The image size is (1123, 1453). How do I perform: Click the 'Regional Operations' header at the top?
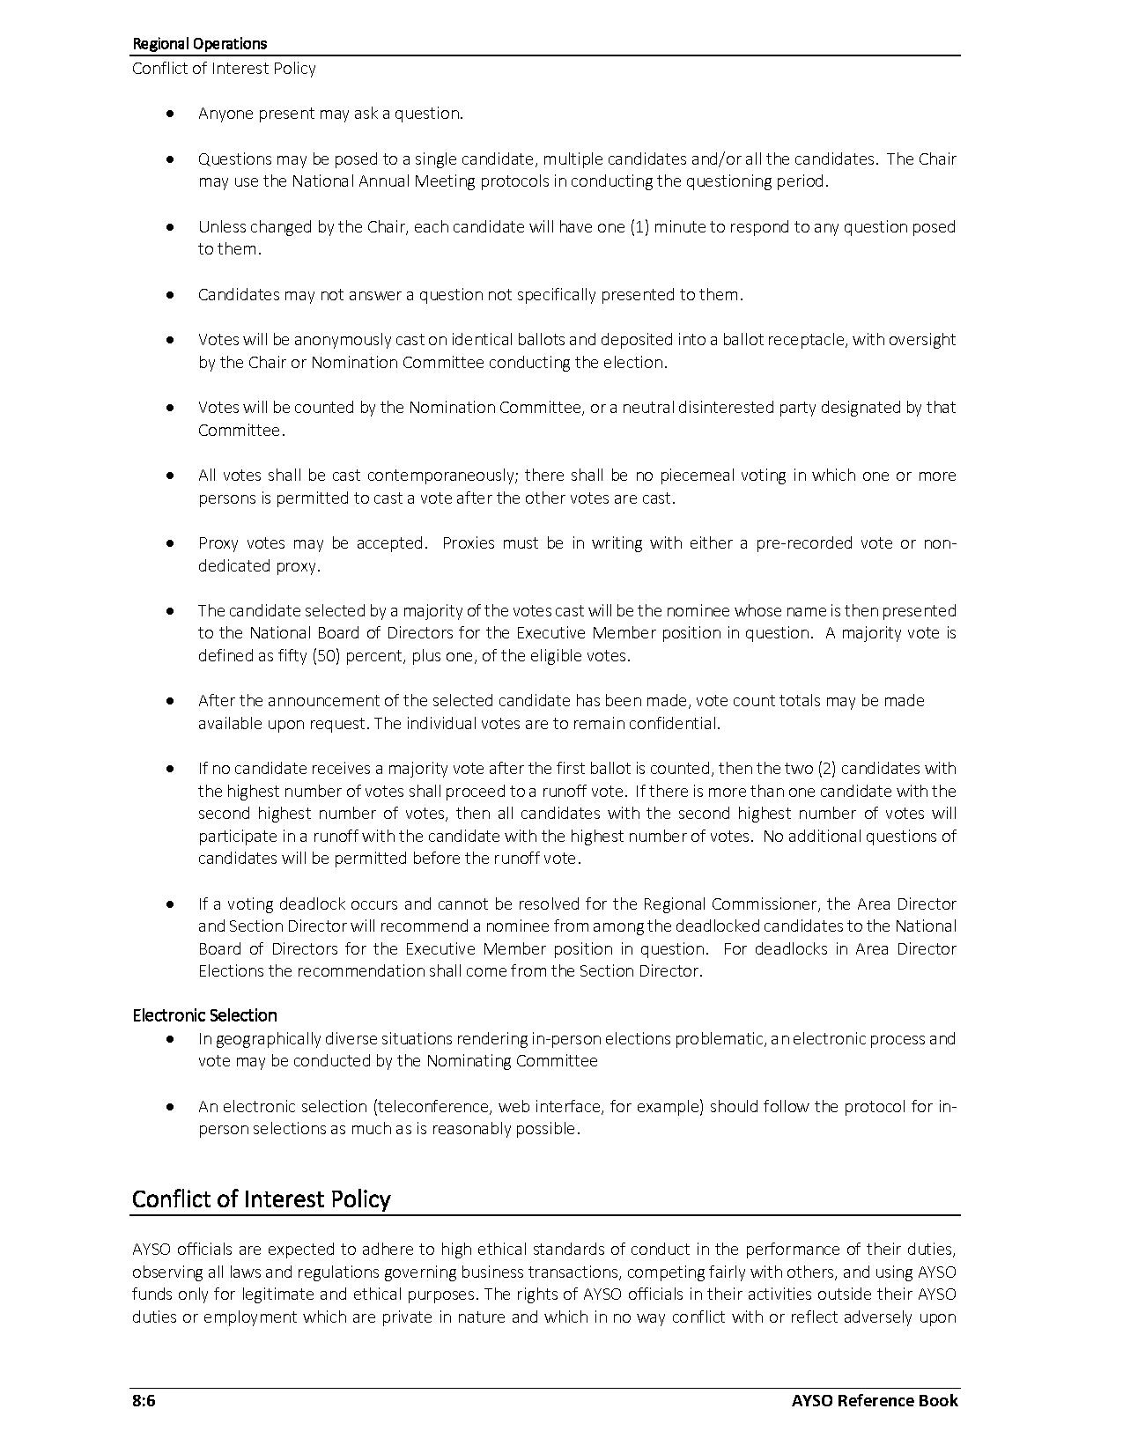point(199,43)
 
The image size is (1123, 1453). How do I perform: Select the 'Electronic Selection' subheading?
point(204,1015)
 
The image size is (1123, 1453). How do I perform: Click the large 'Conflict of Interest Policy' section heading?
point(261,1199)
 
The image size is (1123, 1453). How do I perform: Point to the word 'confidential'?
point(675,724)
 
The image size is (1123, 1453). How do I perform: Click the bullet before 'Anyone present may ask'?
point(170,114)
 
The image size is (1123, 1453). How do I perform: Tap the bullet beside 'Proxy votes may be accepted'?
point(170,543)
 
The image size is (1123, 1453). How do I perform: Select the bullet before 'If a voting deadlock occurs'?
point(170,904)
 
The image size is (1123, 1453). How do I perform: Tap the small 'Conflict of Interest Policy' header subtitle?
point(224,69)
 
